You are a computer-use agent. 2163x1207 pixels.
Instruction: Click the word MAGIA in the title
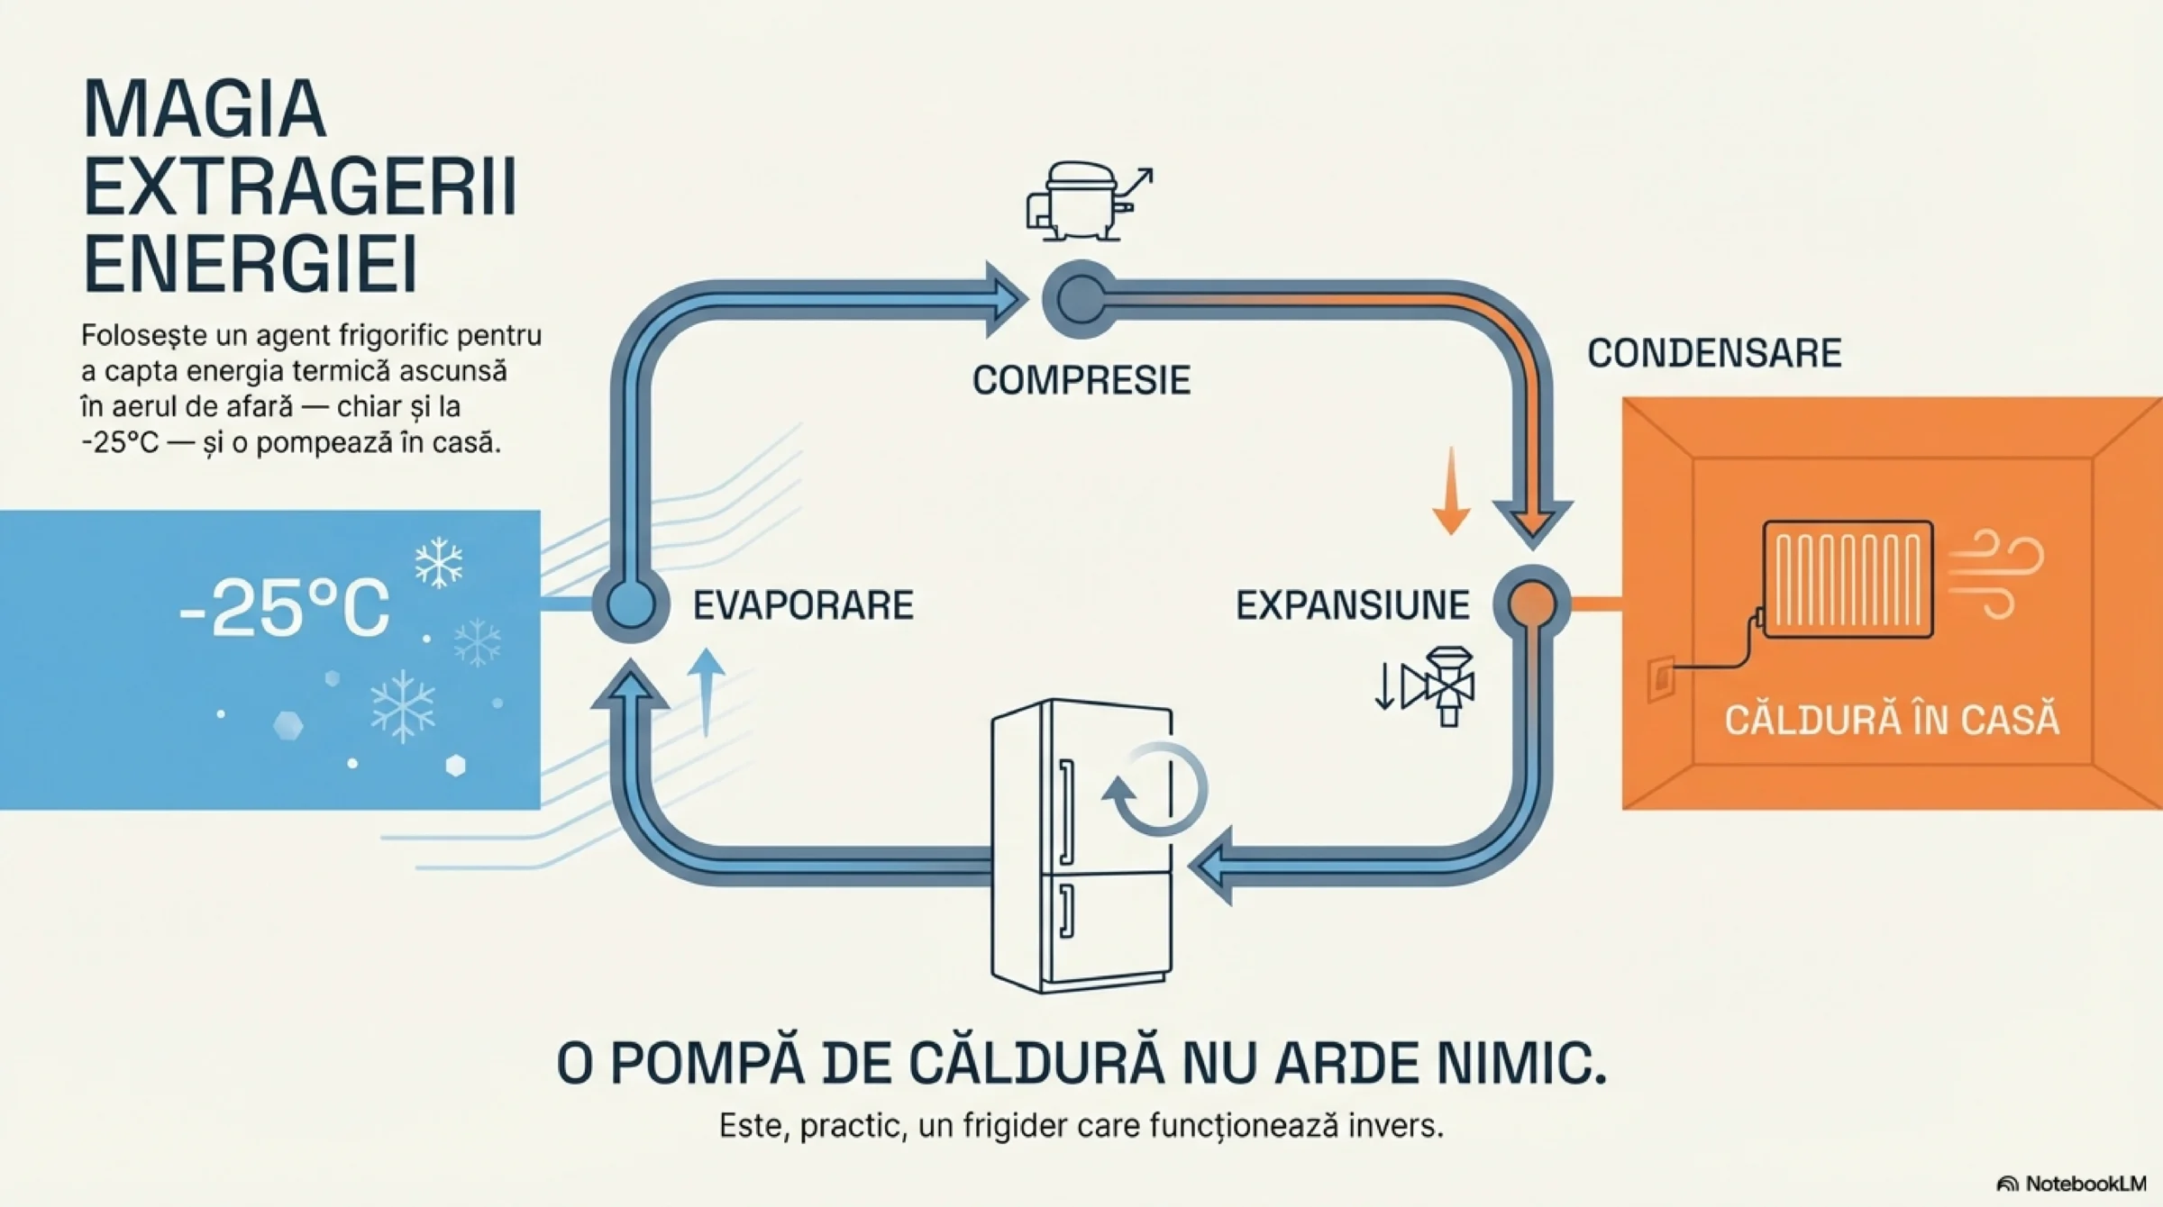[x=204, y=110]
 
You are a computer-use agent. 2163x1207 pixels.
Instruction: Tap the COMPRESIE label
[x=1081, y=380]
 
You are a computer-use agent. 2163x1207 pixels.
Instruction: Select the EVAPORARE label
[x=803, y=605]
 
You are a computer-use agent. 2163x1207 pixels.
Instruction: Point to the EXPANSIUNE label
[x=1352, y=605]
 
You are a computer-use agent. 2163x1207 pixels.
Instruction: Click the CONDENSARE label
[x=1713, y=353]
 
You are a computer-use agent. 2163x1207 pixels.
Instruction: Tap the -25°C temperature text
[x=284, y=608]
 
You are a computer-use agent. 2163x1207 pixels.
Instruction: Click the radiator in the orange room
[x=1847, y=579]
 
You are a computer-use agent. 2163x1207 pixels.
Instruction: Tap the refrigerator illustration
[x=1081, y=847]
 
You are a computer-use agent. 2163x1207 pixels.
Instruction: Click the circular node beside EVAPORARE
[x=630, y=603]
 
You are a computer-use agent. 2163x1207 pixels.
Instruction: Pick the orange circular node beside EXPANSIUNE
[x=1532, y=603]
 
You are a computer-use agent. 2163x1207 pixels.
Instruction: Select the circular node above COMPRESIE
[x=1081, y=299]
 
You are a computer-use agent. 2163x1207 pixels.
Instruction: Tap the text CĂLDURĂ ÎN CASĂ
[x=1892, y=720]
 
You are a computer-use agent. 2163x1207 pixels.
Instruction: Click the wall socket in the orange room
[x=1661, y=678]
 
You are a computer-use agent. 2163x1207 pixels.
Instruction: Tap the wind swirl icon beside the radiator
[x=1997, y=575]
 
